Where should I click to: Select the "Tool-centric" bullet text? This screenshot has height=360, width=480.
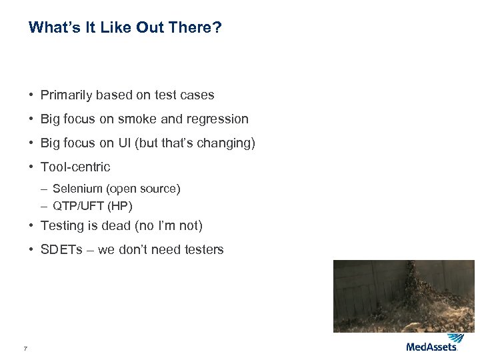tap(75, 167)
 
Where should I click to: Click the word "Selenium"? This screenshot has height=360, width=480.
tap(76, 189)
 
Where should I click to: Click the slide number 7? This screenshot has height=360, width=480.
tap(25, 348)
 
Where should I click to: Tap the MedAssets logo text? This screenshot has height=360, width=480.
tap(431, 347)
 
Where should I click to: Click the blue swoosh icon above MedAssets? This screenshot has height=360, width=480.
tap(455, 338)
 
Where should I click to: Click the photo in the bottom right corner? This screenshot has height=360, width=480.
tap(403, 295)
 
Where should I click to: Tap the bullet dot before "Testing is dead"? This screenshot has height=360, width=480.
tap(31, 226)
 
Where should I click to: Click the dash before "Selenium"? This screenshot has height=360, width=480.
tap(44, 189)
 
